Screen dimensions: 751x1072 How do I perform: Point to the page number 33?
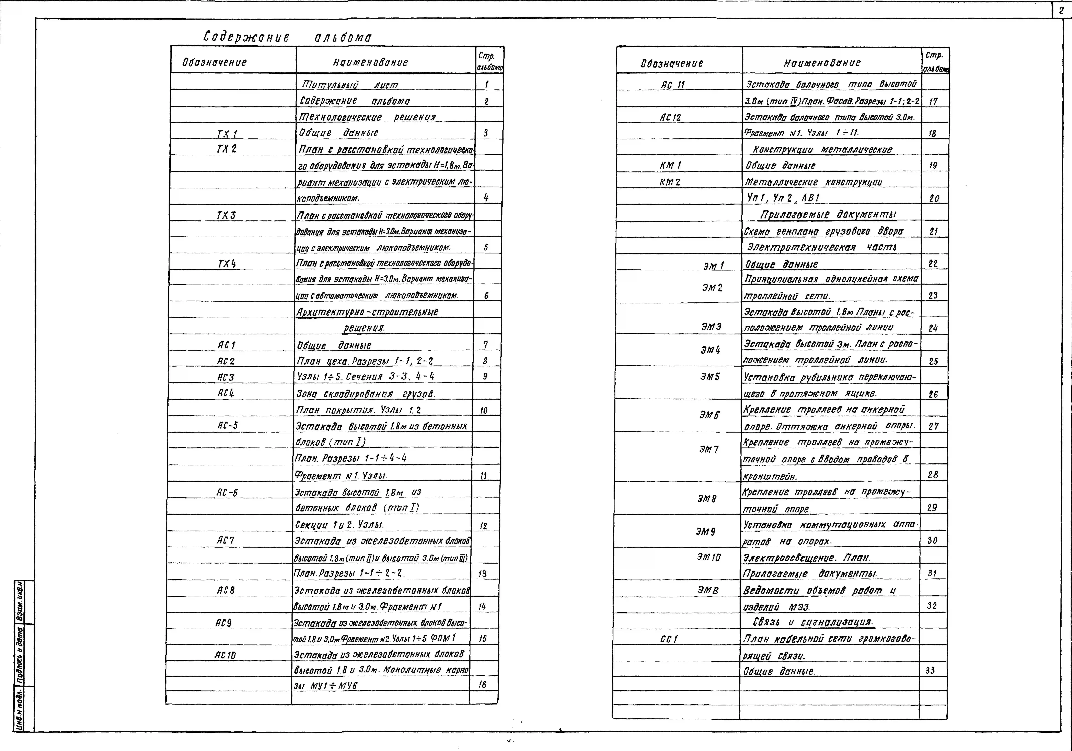tap(930, 670)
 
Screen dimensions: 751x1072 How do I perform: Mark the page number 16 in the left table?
tap(482, 684)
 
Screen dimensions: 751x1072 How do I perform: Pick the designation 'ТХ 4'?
tap(227, 264)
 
